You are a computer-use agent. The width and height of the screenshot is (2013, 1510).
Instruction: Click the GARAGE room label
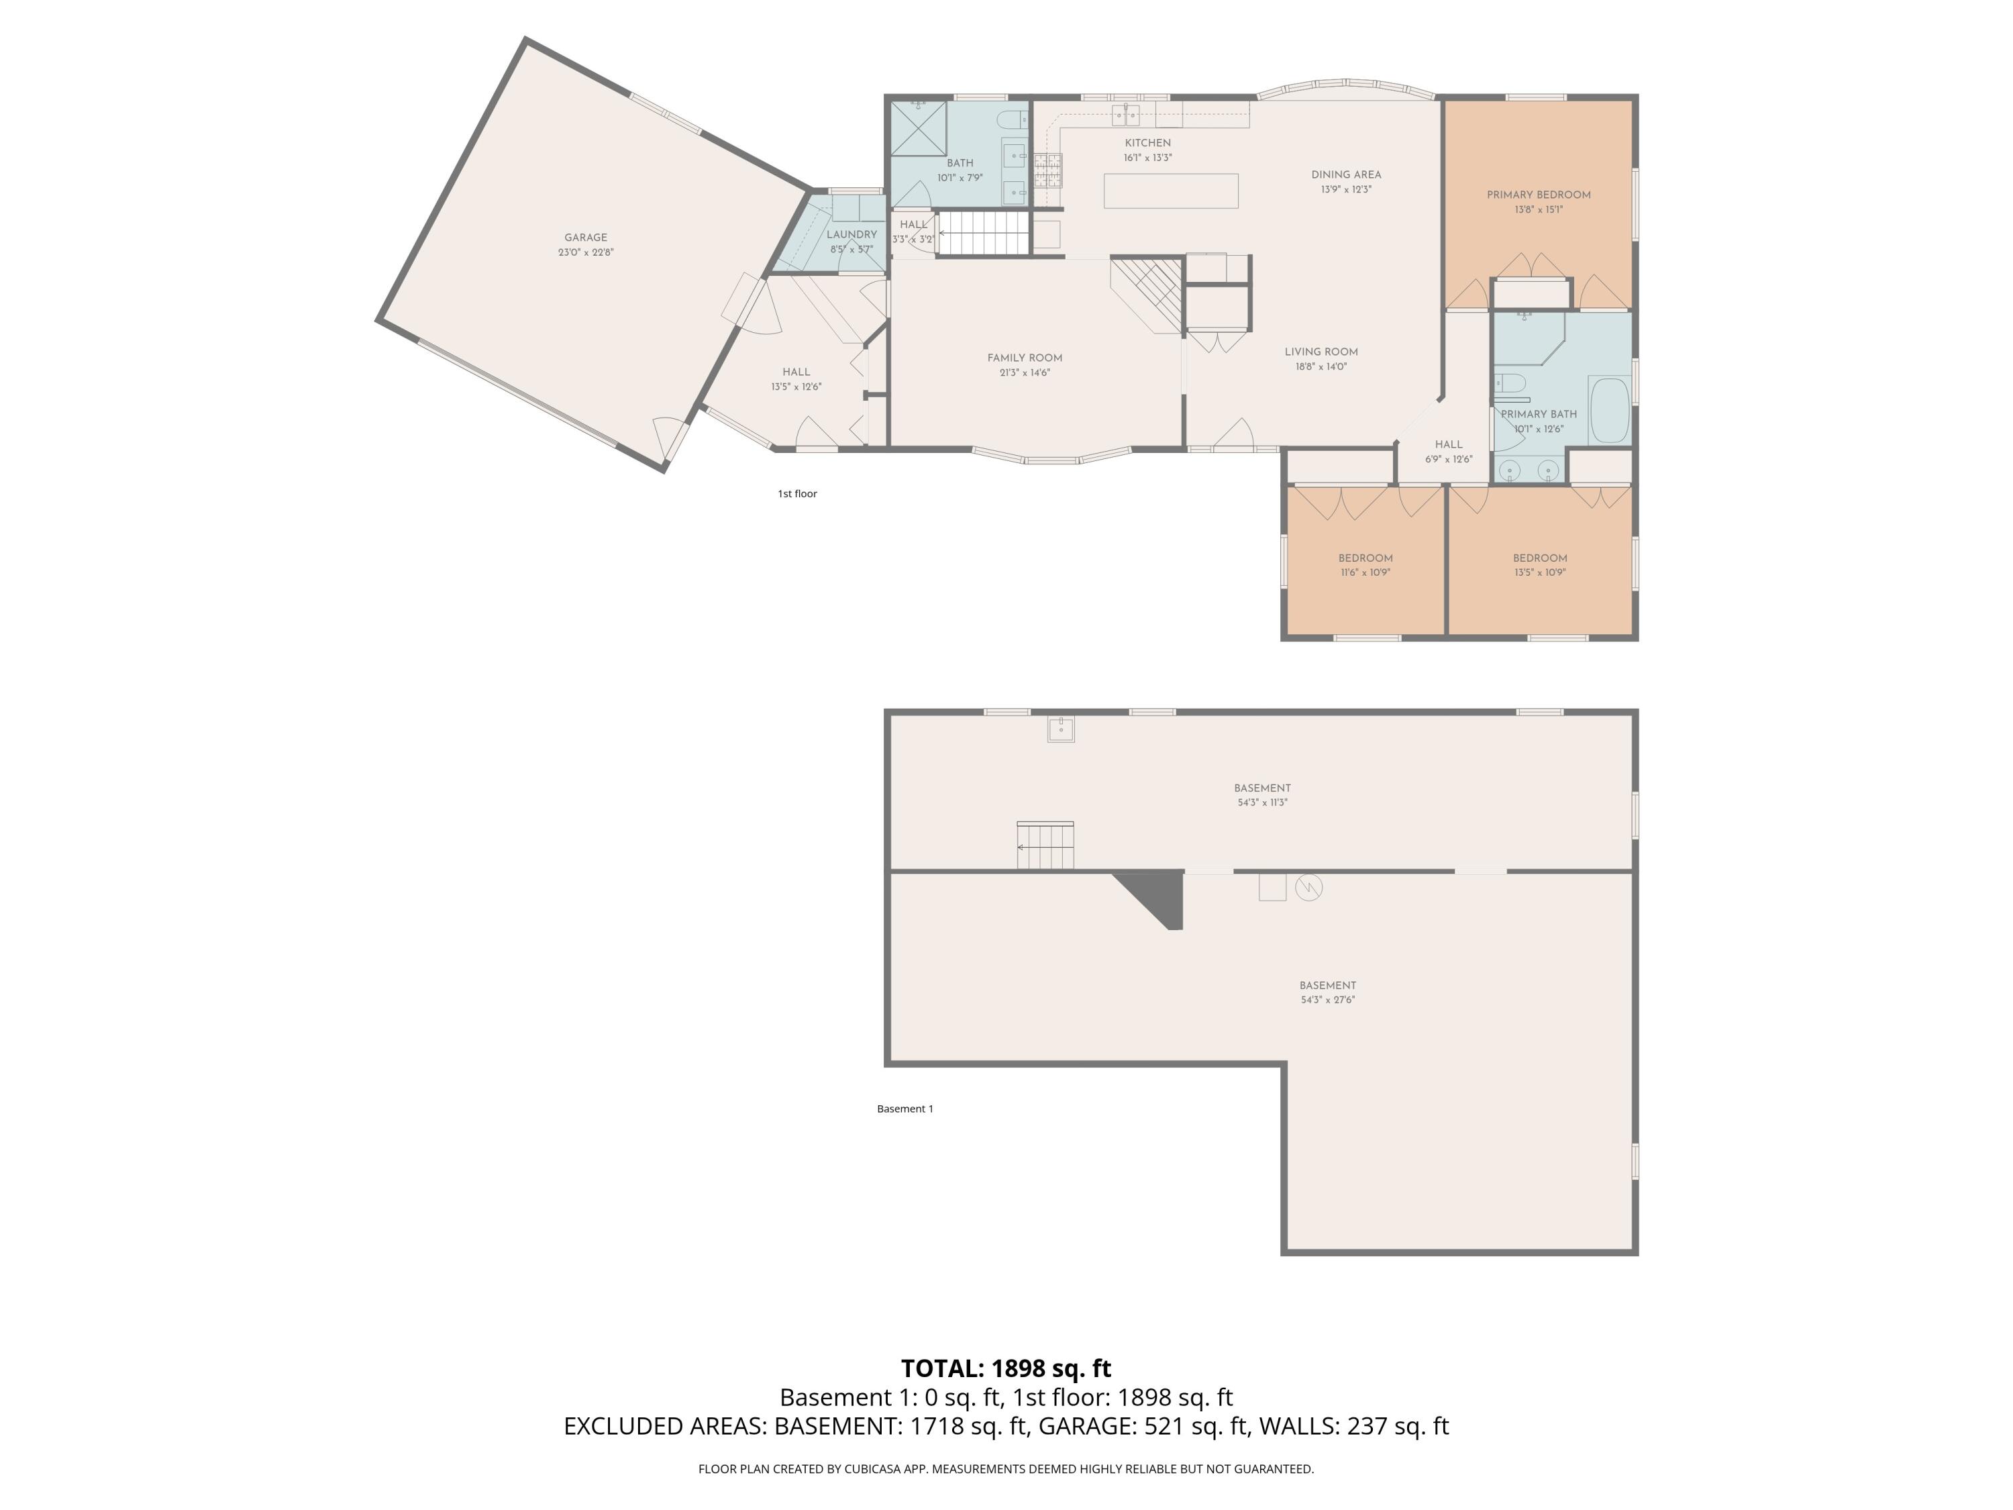(585, 238)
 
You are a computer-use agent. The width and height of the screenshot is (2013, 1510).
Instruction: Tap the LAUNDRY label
(851, 235)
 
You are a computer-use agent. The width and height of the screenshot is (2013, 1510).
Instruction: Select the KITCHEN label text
(1147, 143)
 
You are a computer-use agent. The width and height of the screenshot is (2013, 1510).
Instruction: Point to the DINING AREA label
(1346, 174)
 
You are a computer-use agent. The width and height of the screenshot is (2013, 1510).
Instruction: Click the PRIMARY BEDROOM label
(1539, 195)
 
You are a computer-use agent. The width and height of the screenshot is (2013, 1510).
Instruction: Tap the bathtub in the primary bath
(1610, 411)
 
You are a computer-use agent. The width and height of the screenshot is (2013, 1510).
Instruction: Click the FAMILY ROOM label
(1025, 358)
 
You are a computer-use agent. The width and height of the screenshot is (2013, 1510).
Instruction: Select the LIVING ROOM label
(1321, 352)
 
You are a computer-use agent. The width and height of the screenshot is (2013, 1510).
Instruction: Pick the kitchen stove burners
(1047, 170)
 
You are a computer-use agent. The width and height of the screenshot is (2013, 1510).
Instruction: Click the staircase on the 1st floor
(984, 233)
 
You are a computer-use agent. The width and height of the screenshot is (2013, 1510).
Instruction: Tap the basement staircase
(1045, 846)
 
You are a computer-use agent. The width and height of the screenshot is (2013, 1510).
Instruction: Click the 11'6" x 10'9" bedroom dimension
(1365, 573)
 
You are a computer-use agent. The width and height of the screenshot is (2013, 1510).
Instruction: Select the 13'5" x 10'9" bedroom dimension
(1540, 573)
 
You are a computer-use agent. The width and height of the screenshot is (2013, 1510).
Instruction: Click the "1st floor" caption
(797, 494)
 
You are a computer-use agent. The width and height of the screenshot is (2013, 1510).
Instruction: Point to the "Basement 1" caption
(905, 1109)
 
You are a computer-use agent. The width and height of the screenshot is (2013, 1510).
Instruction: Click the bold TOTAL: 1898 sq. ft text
(1006, 1368)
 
